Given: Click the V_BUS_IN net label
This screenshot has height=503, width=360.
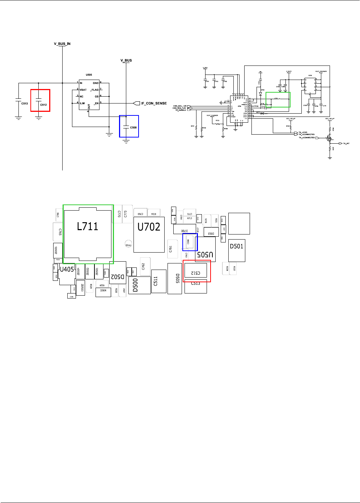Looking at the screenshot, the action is point(62,44).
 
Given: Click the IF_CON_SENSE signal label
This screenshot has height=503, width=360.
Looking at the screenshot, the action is point(154,103).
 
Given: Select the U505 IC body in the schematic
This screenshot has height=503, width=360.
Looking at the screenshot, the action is point(89,95).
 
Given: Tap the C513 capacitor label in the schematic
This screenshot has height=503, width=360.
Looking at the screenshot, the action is point(24,103).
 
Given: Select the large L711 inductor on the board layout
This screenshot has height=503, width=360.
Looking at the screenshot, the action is point(88,233).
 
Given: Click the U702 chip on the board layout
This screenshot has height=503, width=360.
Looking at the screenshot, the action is point(149,234).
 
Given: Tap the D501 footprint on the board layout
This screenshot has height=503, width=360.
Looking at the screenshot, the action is point(237,250).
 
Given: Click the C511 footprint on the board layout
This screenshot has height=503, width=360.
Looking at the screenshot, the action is point(158,281).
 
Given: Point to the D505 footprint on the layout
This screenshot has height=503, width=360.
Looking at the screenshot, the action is point(175,279).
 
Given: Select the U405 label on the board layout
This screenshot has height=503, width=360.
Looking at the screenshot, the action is point(67,270).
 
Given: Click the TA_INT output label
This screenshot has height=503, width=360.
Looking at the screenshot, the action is point(346,144).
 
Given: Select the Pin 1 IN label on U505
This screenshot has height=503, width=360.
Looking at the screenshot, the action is point(81,83).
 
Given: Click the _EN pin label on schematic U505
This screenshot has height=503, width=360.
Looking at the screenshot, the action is point(96,103).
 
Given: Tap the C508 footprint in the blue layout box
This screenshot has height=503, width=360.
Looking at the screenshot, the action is point(188,241).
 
